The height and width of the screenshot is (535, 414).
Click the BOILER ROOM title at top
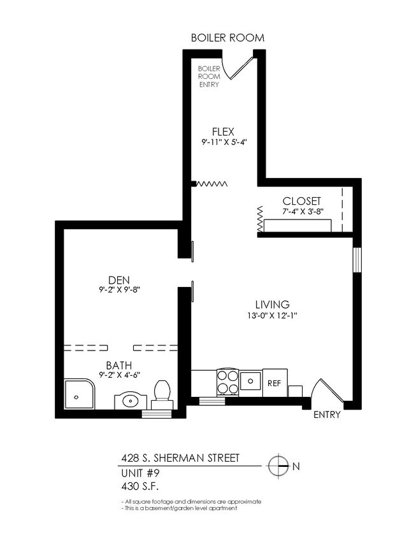point(227,38)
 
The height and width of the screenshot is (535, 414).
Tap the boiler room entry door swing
point(241,67)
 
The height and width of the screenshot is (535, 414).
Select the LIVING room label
point(273,304)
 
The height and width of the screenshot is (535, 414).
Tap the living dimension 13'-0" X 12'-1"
point(273,316)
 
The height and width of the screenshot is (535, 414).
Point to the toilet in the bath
point(162,391)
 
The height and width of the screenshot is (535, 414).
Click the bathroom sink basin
point(131,401)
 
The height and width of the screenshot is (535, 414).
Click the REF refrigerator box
point(275,383)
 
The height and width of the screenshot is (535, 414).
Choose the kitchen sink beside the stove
point(250,382)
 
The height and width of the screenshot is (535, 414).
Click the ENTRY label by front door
point(327,415)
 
